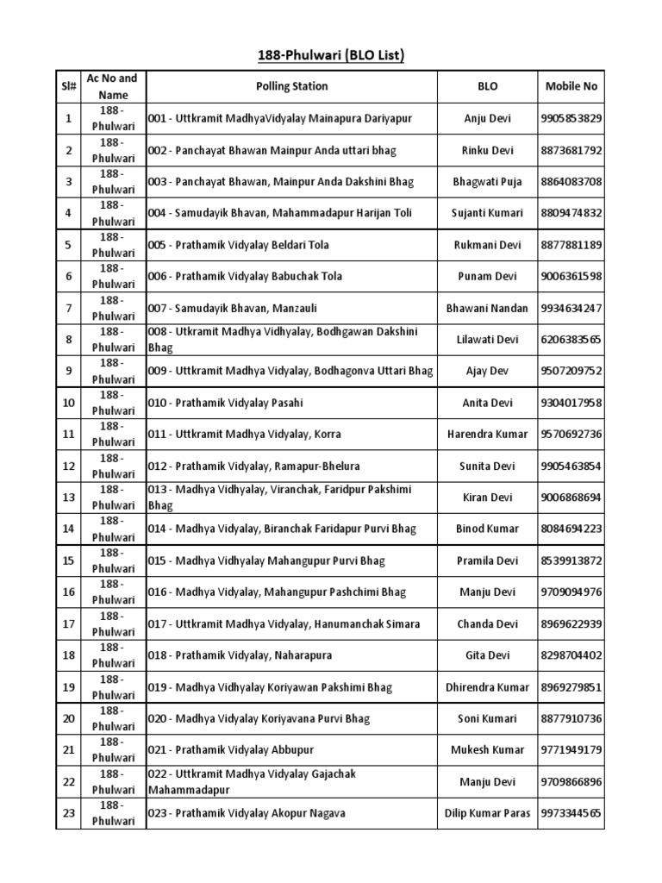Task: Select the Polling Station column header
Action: [291, 86]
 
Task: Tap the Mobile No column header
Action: [571, 86]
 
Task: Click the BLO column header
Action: [487, 86]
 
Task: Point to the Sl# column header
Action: [68, 86]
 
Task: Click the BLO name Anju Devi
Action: [487, 118]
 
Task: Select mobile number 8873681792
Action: [571, 150]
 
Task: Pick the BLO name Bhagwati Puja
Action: [487, 182]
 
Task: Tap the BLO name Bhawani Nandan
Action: [487, 308]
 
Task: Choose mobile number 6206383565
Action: [571, 340]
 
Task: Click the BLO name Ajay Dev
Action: [487, 372]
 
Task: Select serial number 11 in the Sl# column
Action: [68, 435]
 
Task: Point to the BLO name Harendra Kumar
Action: [487, 435]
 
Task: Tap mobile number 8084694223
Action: [571, 529]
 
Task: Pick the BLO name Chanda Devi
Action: [487, 624]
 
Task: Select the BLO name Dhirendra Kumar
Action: [487, 687]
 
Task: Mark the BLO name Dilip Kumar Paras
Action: [487, 813]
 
